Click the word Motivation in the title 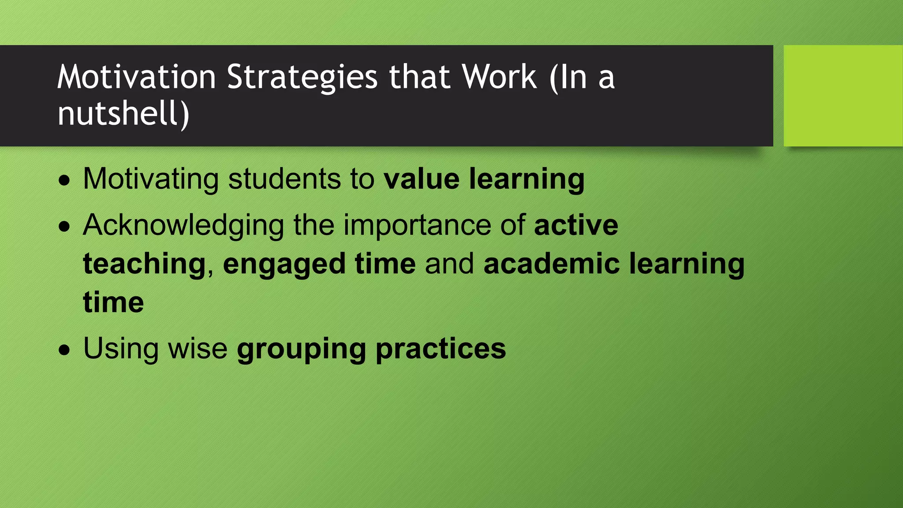point(136,77)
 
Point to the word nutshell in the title point(119,113)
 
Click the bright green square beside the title point(843,96)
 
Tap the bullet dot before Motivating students point(64,180)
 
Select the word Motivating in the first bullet point(150,179)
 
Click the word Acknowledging point(183,225)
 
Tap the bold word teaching point(144,264)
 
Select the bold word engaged point(284,265)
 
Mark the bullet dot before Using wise point(64,350)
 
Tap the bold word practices point(440,349)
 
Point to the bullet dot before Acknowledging point(64,227)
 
